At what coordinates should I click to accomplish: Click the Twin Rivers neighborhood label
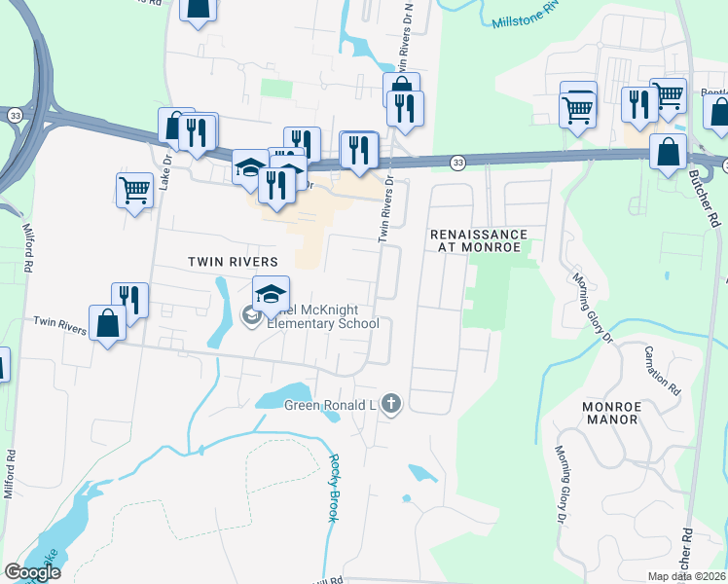click(x=233, y=262)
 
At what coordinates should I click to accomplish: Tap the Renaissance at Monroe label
click(x=479, y=241)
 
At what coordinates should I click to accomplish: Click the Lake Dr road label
click(x=165, y=171)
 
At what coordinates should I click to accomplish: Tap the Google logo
click(x=32, y=571)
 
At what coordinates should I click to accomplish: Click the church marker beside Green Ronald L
click(x=390, y=404)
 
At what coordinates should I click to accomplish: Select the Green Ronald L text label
click(x=329, y=405)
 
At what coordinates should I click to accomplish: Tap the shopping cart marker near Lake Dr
click(x=133, y=189)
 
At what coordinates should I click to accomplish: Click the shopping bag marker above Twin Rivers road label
click(x=107, y=323)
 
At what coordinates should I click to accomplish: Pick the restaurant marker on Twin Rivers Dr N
click(x=405, y=106)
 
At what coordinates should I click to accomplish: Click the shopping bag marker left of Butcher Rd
click(x=668, y=152)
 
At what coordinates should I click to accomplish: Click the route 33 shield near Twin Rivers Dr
click(x=457, y=163)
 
